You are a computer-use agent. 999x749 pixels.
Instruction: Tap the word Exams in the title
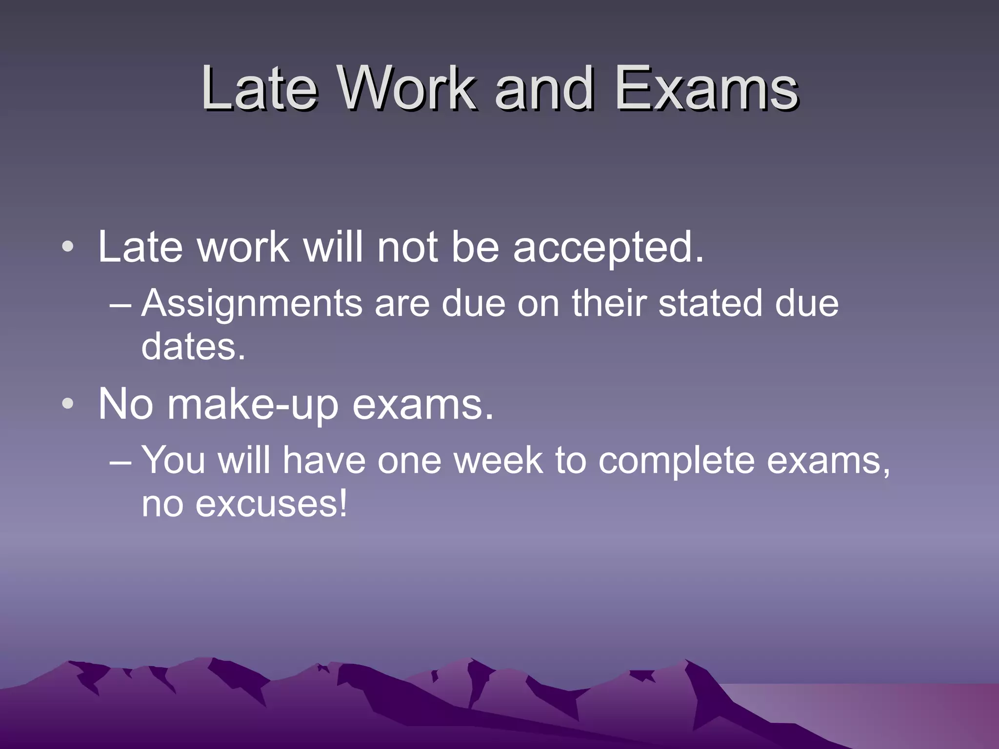click(706, 88)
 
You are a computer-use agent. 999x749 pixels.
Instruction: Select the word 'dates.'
click(193, 346)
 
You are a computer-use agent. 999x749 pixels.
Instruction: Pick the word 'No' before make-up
click(126, 404)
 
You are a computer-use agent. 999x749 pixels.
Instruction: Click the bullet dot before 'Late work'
click(68, 247)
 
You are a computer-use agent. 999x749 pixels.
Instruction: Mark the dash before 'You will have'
click(120, 461)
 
